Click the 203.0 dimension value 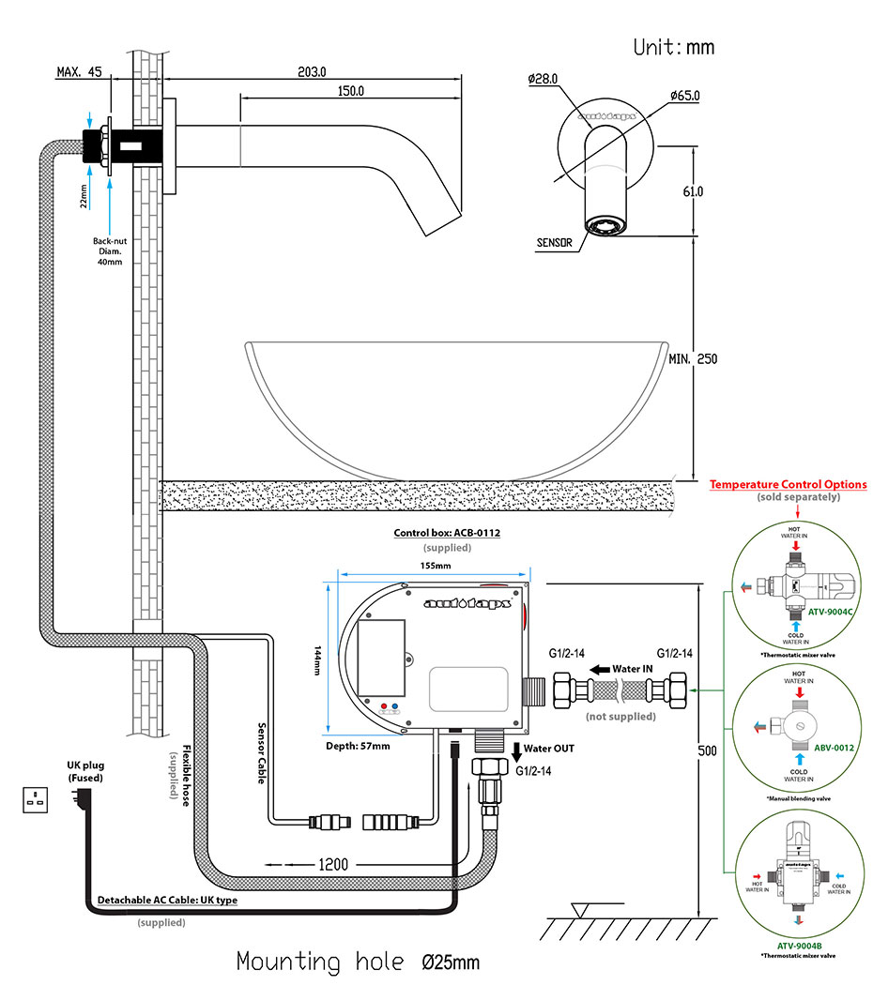(x=312, y=71)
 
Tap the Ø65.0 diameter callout (x=684, y=96)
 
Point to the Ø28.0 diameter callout (x=544, y=79)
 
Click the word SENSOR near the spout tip (x=555, y=242)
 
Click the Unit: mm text (x=673, y=46)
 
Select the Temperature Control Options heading (x=788, y=485)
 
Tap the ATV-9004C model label (x=831, y=611)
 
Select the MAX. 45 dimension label (x=80, y=71)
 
